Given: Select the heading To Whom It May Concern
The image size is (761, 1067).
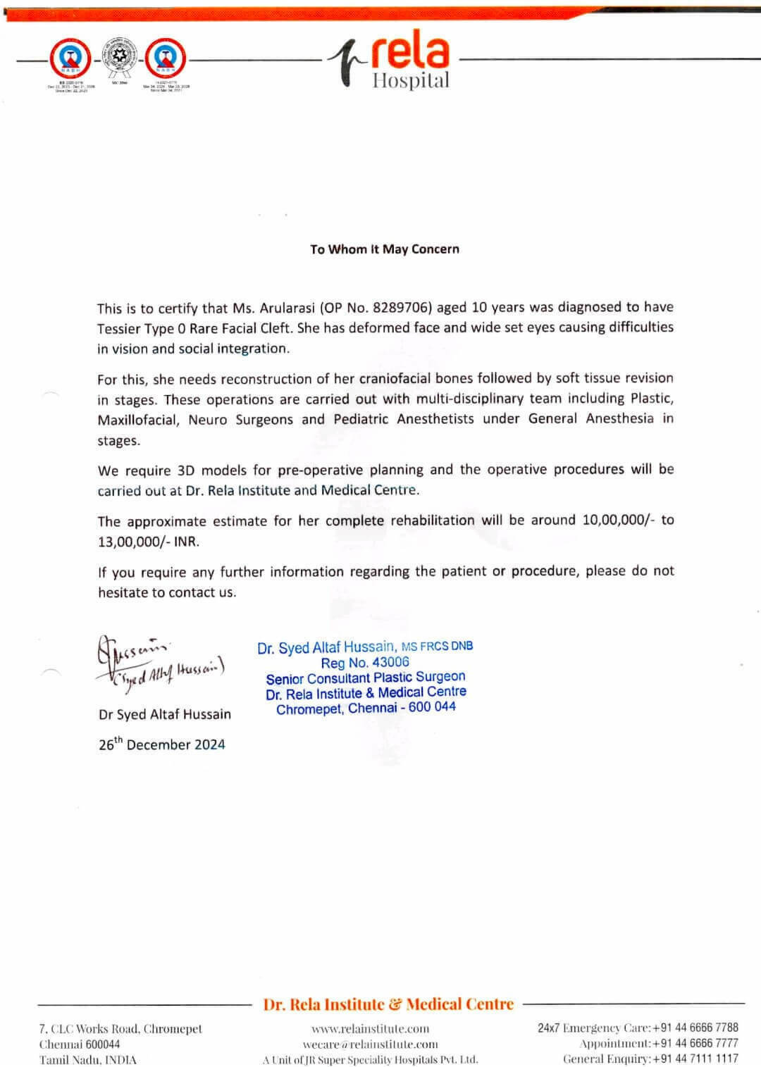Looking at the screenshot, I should (x=384, y=249).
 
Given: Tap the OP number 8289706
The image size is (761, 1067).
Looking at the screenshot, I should (x=401, y=308).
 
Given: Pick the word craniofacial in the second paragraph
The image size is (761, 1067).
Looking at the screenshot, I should (x=395, y=379).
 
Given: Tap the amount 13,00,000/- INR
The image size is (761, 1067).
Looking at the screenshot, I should (x=148, y=542).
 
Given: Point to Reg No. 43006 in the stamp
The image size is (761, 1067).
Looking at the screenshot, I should (x=364, y=663).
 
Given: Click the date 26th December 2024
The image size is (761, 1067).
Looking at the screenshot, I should (x=161, y=744).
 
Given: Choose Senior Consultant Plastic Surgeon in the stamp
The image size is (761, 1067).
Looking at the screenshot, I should (x=365, y=678).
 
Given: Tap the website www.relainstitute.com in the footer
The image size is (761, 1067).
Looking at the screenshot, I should (x=370, y=1029).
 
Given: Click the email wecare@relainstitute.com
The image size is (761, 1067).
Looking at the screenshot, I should (x=370, y=1044).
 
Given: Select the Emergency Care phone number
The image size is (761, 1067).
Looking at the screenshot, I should (x=695, y=1028).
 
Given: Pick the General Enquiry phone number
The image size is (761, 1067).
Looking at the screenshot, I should (x=695, y=1059).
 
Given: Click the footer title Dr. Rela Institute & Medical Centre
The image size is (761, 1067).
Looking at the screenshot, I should (x=388, y=1004).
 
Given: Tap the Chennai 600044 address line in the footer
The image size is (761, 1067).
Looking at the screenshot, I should (x=80, y=1044).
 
